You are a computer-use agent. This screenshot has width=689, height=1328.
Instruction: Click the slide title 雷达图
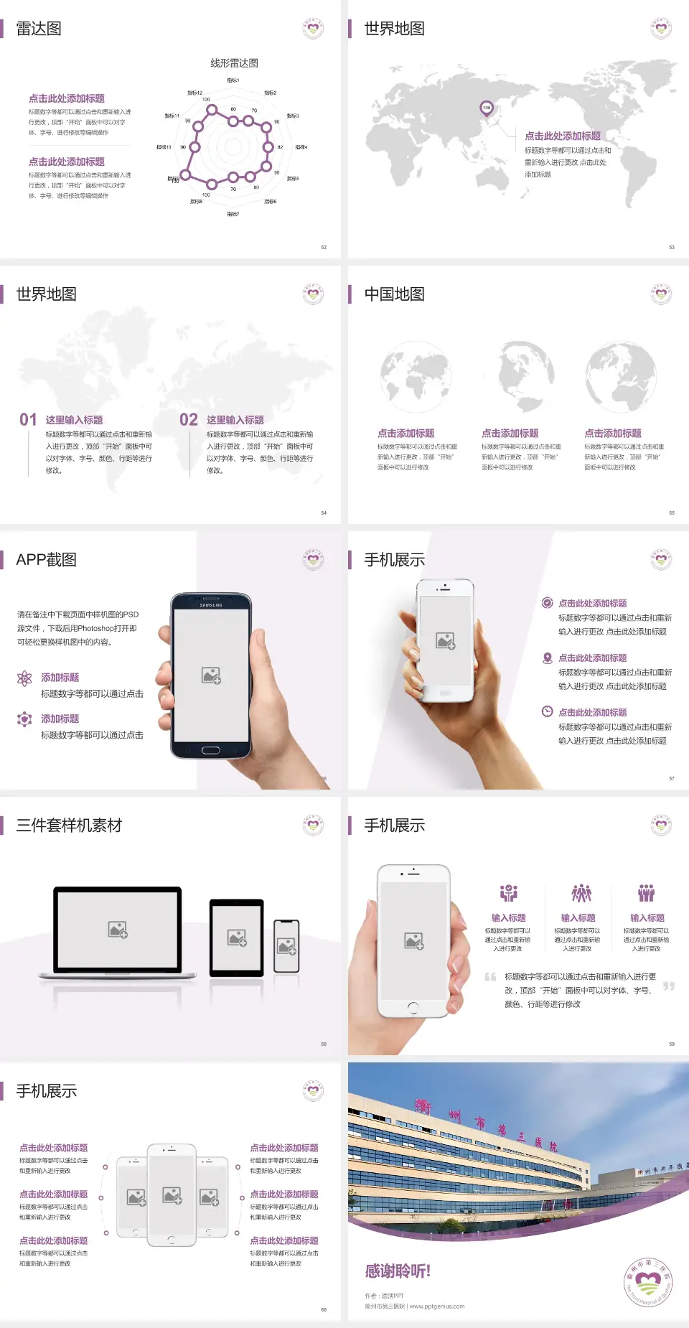coord(39,29)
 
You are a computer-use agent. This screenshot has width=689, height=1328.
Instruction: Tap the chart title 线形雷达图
coord(234,63)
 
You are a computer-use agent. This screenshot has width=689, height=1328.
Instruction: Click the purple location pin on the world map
coord(486,108)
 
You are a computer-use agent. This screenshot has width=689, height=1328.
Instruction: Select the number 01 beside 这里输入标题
coord(28,420)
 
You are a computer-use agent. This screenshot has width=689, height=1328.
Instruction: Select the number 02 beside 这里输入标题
coord(189,420)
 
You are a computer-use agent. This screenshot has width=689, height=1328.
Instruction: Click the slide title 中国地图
coord(394,294)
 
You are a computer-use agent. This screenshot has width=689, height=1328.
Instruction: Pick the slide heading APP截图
coord(47,560)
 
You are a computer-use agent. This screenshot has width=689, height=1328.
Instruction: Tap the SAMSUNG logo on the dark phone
coord(211,605)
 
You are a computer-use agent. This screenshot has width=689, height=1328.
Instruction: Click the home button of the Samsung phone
coord(210,750)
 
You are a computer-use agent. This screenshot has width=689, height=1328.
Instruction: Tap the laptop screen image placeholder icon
coord(118,930)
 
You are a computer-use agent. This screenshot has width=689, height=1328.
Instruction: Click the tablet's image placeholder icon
coord(237,937)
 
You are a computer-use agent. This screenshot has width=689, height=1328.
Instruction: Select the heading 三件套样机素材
coord(69,826)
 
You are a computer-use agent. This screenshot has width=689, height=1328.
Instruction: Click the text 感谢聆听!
coord(398,1271)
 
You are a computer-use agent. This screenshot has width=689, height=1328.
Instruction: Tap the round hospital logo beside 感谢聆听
coord(648,1282)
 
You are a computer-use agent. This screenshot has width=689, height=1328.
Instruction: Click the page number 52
coord(324,248)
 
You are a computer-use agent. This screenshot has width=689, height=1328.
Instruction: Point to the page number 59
coord(672,1044)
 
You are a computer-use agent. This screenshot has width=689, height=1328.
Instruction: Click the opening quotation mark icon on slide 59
coord(490,977)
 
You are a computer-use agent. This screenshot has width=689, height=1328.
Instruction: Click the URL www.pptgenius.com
coord(437,1306)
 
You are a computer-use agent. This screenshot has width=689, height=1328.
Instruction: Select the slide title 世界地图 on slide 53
coord(394,29)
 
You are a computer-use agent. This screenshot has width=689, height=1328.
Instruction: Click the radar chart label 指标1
coord(233,80)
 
